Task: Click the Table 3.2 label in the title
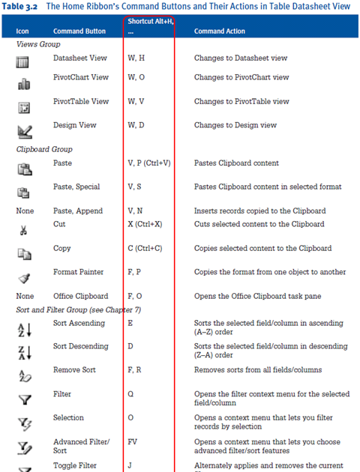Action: (22, 6)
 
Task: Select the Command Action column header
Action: (220, 31)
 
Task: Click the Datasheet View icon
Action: (23, 62)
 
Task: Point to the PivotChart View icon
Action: (23, 84)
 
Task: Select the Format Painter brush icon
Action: (23, 279)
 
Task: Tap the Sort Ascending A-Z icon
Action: (23, 329)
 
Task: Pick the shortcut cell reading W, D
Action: (136, 125)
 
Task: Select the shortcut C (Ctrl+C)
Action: (150, 248)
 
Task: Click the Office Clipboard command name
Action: (80, 296)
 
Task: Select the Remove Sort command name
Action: (74, 369)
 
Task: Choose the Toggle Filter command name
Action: (76, 465)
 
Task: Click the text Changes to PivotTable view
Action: (241, 101)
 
